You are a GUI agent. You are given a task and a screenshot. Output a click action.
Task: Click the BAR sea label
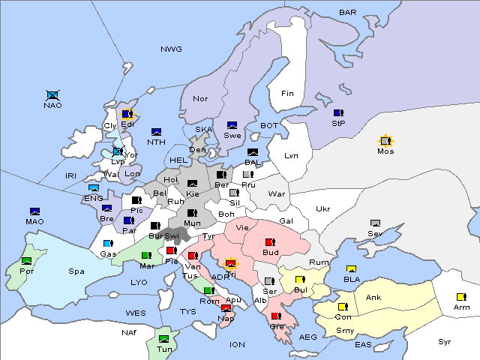pyautogui.click(x=348, y=12)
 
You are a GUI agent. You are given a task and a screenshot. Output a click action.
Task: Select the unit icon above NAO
pyautogui.click(x=52, y=95)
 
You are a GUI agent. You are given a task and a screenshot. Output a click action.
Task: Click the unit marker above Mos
pyautogui.click(x=385, y=140)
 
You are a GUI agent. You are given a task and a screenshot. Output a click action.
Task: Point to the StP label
pyautogui.click(x=338, y=124)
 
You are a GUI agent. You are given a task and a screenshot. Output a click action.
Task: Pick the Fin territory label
pyautogui.click(x=286, y=94)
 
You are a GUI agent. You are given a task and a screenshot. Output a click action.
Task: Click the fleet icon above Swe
pyautogui.click(x=232, y=125)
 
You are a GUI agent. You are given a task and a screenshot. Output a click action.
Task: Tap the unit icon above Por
pyautogui.click(x=27, y=260)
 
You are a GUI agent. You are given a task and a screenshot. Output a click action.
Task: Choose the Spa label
pyautogui.click(x=76, y=271)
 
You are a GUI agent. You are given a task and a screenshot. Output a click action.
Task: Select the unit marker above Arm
pyautogui.click(x=461, y=296)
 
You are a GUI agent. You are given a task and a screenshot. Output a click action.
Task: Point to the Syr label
pyautogui.click(x=445, y=341)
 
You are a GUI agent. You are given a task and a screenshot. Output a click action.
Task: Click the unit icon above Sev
pyautogui.click(x=375, y=223)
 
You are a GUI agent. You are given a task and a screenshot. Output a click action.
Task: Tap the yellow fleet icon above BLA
pyautogui.click(x=351, y=268)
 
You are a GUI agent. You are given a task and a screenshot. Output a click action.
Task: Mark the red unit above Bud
pyautogui.click(x=270, y=242)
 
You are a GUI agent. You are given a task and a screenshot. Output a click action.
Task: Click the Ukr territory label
pyautogui.click(x=322, y=208)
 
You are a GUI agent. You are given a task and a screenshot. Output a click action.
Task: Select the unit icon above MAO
pyautogui.click(x=34, y=211)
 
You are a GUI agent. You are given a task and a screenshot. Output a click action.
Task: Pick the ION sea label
pyautogui.click(x=237, y=344)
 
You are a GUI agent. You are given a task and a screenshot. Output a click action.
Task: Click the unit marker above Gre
pyautogui.click(x=276, y=316)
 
